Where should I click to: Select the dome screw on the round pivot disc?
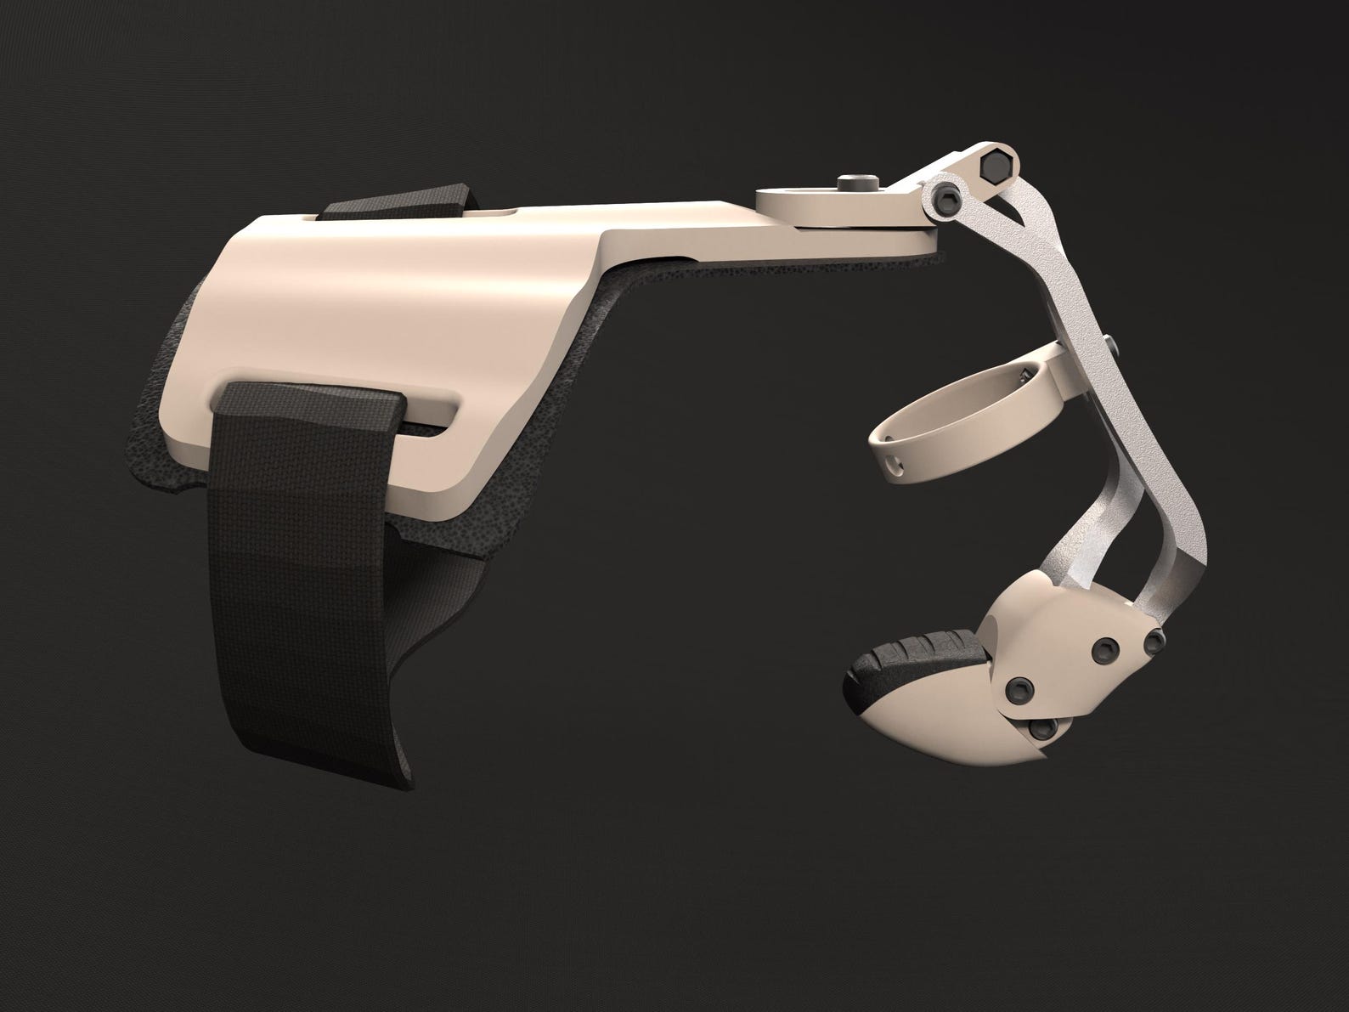tap(850, 183)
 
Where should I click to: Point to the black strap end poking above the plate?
tap(399, 201)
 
